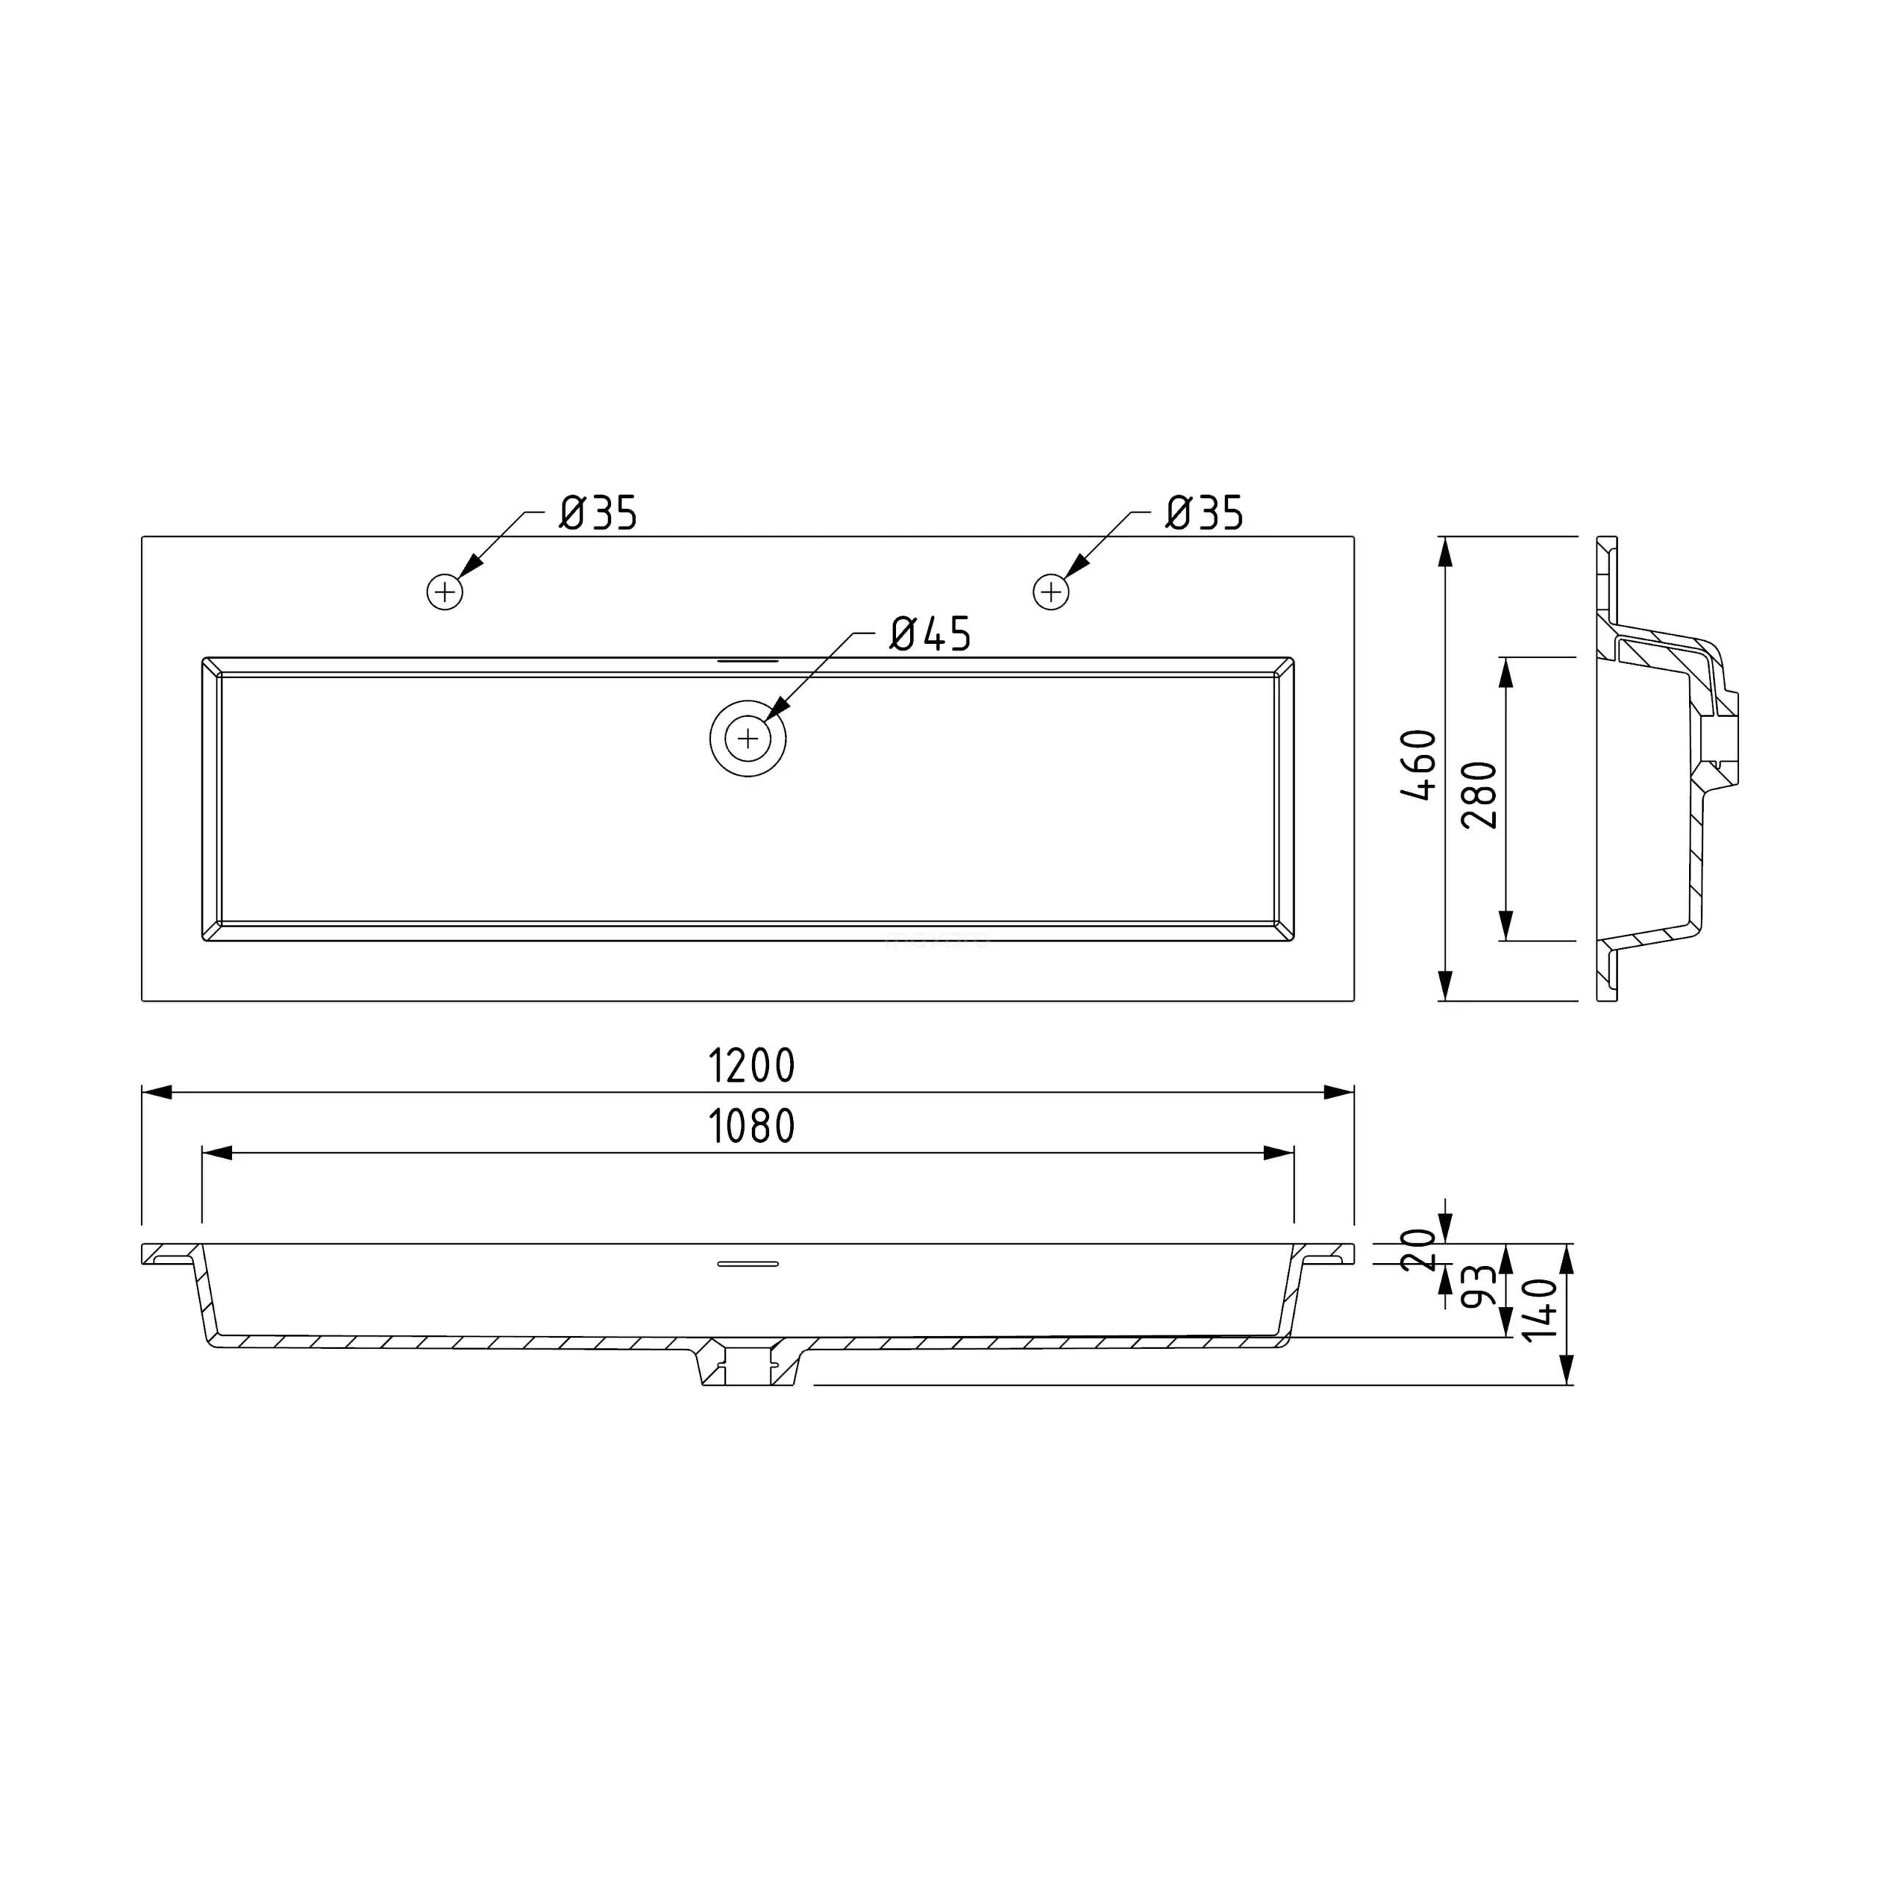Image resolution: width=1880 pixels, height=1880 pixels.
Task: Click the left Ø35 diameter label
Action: pyautogui.click(x=598, y=513)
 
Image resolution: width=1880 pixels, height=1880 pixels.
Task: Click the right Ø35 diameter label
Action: pyautogui.click(x=1204, y=513)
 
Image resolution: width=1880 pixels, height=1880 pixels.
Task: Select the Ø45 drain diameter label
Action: pyautogui.click(x=930, y=634)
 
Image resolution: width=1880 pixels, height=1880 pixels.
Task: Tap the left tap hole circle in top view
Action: pyautogui.click(x=445, y=592)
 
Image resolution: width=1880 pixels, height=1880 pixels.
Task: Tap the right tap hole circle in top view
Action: pyautogui.click(x=1051, y=592)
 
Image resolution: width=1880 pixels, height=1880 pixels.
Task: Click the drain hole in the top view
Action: pyautogui.click(x=748, y=739)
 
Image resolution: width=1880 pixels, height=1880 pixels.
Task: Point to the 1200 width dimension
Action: pyautogui.click(x=751, y=1066)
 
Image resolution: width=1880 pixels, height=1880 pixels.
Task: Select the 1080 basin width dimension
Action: pyautogui.click(x=751, y=1127)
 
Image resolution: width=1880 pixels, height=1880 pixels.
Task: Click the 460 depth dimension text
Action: pyautogui.click(x=1420, y=764)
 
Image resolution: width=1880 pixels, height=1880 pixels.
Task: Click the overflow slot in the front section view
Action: pyautogui.click(x=748, y=1264)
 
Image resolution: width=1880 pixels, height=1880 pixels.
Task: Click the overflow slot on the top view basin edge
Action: pyautogui.click(x=748, y=661)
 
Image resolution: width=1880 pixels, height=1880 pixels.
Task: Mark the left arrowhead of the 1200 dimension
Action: pyautogui.click(x=158, y=1093)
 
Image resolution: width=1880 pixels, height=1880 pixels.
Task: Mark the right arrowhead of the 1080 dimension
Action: pyautogui.click(x=1278, y=1153)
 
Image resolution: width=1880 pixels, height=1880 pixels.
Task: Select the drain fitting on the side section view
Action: pyautogui.click(x=1721, y=731)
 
